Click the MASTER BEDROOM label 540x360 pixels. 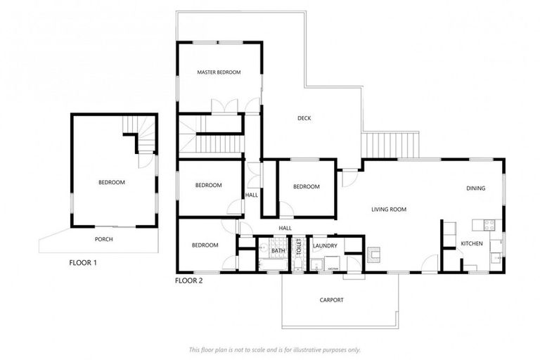219,72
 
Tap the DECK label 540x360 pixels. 304,118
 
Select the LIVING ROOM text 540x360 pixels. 389,210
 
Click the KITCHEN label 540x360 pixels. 471,243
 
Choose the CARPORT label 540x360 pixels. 331,300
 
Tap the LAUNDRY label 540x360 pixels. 326,245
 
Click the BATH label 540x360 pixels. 278,250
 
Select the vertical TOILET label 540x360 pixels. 298,246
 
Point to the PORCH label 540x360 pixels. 104,239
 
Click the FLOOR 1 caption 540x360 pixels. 83,263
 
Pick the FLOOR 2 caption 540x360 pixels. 188,281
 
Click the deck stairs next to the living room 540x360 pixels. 390,145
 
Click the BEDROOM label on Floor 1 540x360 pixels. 111,183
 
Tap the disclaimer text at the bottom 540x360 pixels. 274,349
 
